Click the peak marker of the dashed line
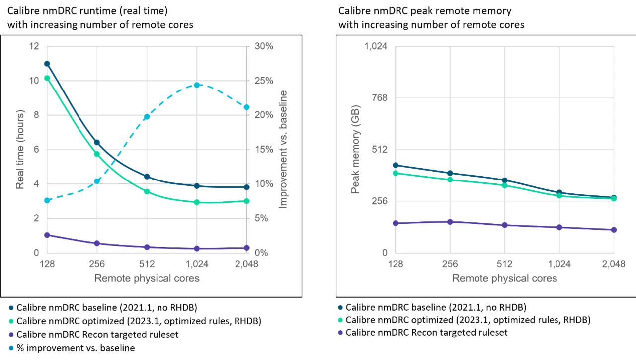(197, 85)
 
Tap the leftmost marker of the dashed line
(47, 200)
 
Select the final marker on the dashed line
(246, 107)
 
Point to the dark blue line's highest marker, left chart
(47, 63)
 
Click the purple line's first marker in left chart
(47, 235)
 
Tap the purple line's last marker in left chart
(247, 248)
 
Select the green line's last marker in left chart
(247, 201)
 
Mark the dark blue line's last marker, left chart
(247, 187)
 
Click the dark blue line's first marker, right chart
(396, 165)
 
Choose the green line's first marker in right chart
(396, 174)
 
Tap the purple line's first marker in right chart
(396, 223)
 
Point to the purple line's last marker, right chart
(615, 230)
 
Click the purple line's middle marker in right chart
(505, 225)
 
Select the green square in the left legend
(12, 322)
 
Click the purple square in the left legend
(12, 334)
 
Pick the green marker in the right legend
(341, 320)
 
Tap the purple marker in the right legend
(341, 333)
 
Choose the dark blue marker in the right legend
(341, 307)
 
